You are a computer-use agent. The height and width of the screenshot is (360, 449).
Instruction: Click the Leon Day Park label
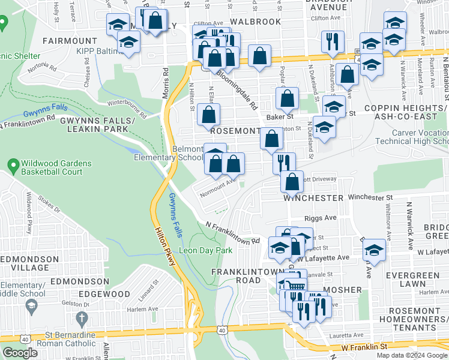[x=206, y=250]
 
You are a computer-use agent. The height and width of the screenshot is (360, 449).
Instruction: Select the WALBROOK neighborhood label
[x=255, y=22]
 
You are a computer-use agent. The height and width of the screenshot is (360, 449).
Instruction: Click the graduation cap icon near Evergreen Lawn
[x=373, y=250]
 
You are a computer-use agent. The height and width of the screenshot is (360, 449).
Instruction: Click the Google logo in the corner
[x=20, y=353]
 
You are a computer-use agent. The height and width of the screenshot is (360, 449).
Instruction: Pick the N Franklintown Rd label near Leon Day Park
[x=232, y=233]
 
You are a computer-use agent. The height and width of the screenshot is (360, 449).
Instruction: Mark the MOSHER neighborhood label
[x=343, y=290]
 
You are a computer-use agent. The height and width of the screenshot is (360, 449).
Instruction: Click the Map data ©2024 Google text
[x=412, y=355]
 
